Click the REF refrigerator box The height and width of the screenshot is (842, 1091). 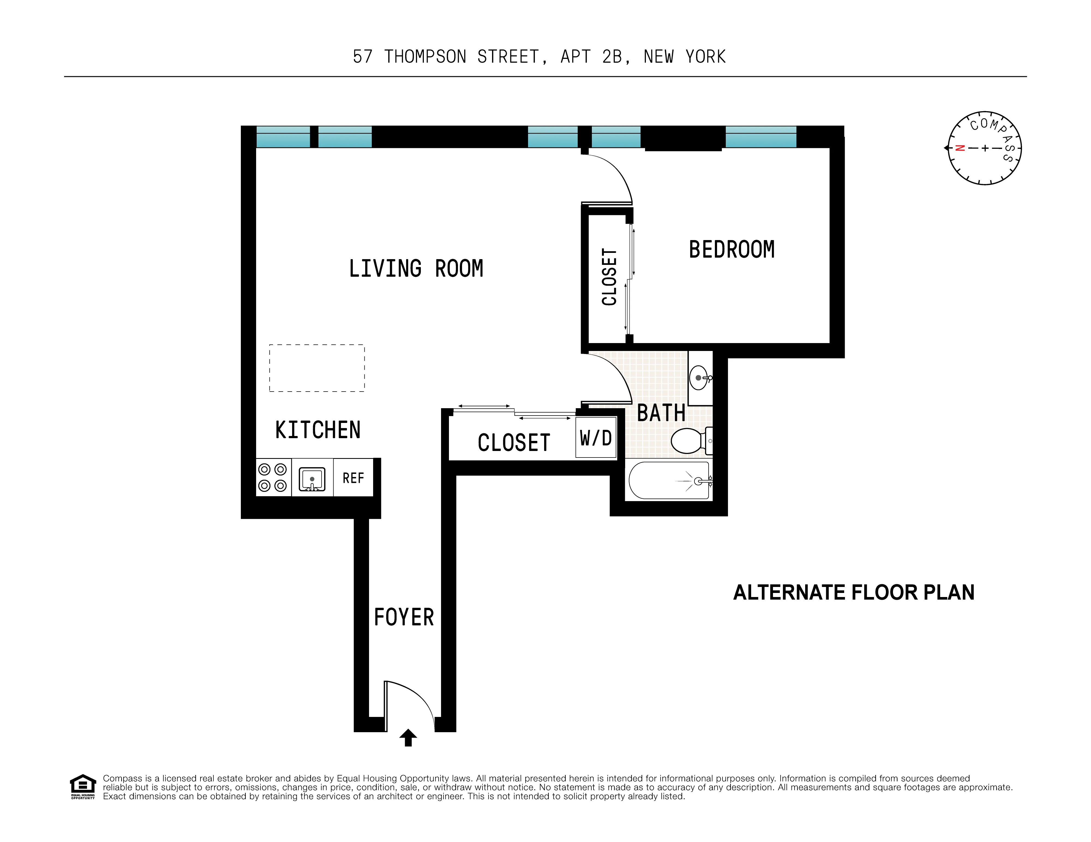(353, 478)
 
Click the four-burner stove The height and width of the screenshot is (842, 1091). (273, 477)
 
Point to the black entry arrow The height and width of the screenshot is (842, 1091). (408, 737)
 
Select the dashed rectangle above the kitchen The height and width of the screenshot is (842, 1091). (317, 368)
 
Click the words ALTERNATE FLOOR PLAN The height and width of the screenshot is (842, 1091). (854, 592)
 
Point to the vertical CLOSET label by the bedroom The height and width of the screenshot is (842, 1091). (609, 277)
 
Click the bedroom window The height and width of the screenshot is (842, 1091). (760, 137)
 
